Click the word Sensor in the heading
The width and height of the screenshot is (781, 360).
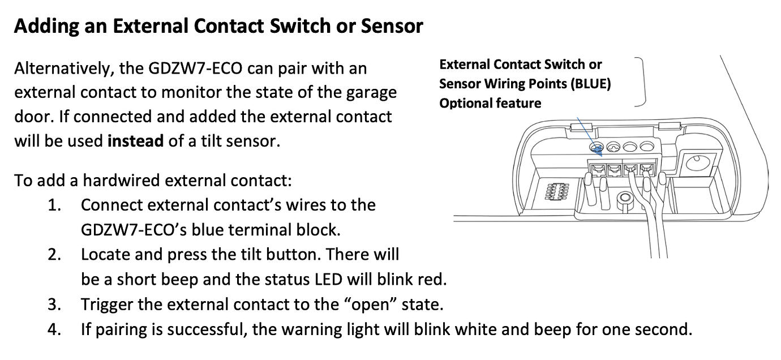pyautogui.click(x=392, y=26)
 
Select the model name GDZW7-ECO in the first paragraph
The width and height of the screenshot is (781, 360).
pyautogui.click(x=195, y=68)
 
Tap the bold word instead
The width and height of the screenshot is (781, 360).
pyautogui.click(x=135, y=141)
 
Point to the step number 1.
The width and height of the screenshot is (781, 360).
pyautogui.click(x=54, y=205)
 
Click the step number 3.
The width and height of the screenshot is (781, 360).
pyautogui.click(x=54, y=305)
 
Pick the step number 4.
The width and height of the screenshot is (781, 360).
pyautogui.click(x=54, y=329)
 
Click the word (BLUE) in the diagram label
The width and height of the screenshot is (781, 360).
pyautogui.click(x=591, y=84)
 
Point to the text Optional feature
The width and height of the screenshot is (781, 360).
pyautogui.click(x=490, y=103)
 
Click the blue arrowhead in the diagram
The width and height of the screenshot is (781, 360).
pyautogui.click(x=599, y=152)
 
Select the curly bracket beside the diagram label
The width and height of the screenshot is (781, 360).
pyautogui.click(x=640, y=82)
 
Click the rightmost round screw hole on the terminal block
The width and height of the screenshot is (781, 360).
pyautogui.click(x=647, y=146)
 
